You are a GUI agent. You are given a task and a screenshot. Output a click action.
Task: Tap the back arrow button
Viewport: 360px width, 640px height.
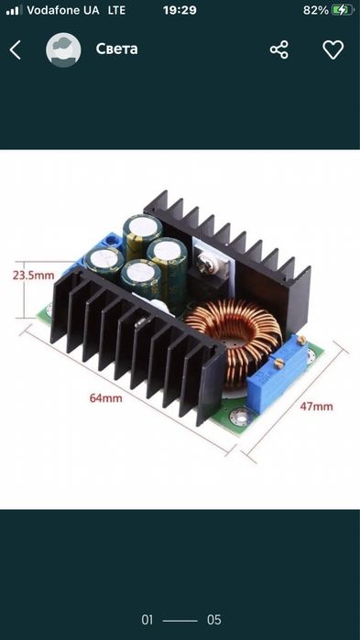coord(15,50)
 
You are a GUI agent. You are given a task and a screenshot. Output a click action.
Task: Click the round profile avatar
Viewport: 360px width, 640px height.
coord(63,49)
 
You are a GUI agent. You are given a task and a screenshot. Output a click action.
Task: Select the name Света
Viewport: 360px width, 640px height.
coord(116,49)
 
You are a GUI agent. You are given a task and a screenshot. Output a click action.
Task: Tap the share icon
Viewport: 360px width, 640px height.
coord(279,49)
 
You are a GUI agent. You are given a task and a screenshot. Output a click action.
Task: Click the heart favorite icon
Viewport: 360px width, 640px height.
coord(333,49)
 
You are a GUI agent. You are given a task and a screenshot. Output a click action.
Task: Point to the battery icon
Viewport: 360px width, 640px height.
coord(343,10)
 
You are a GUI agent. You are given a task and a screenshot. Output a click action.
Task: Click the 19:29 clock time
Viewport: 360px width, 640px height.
coord(180,10)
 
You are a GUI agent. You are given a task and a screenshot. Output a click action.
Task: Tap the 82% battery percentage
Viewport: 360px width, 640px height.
coord(315,10)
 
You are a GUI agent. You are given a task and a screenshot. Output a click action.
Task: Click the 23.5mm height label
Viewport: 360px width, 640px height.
coord(34,275)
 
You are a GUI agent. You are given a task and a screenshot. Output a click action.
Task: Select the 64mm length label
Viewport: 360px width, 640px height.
coord(105,398)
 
